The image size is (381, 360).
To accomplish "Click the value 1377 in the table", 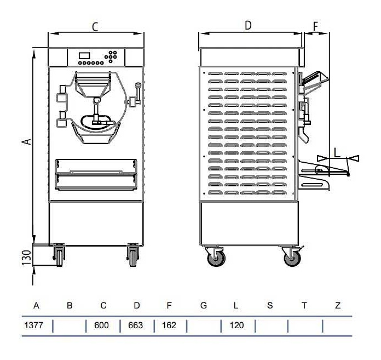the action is tap(34, 325).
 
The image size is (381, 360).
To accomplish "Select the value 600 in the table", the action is tap(101, 325).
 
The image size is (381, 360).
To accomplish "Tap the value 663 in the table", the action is tap(135, 325).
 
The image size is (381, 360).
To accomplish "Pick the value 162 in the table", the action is tap(169, 325).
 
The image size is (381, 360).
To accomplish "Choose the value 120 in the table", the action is tap(236, 325).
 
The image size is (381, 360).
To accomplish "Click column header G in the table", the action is tap(204, 305).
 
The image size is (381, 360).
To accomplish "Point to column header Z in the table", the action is tap(338, 305).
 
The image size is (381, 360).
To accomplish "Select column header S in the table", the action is tap(270, 305).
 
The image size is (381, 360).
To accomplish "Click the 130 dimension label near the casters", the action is tap(27, 258).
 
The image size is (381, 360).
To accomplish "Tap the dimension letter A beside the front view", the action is tap(27, 141).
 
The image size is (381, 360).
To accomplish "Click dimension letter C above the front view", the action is tap(95, 27).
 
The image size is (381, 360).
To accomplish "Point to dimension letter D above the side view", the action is tap(248, 25).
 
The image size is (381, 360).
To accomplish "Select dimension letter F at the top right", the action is tap(315, 26).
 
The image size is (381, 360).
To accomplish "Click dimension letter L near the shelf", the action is tap(337, 153).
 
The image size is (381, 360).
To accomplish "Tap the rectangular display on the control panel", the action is tap(84, 55).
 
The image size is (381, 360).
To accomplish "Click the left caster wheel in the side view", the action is tap(216, 258).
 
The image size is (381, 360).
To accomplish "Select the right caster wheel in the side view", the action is tap(292, 258).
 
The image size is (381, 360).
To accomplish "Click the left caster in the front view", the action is tap(59, 255).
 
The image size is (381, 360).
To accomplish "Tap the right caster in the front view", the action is tap(133, 255).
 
